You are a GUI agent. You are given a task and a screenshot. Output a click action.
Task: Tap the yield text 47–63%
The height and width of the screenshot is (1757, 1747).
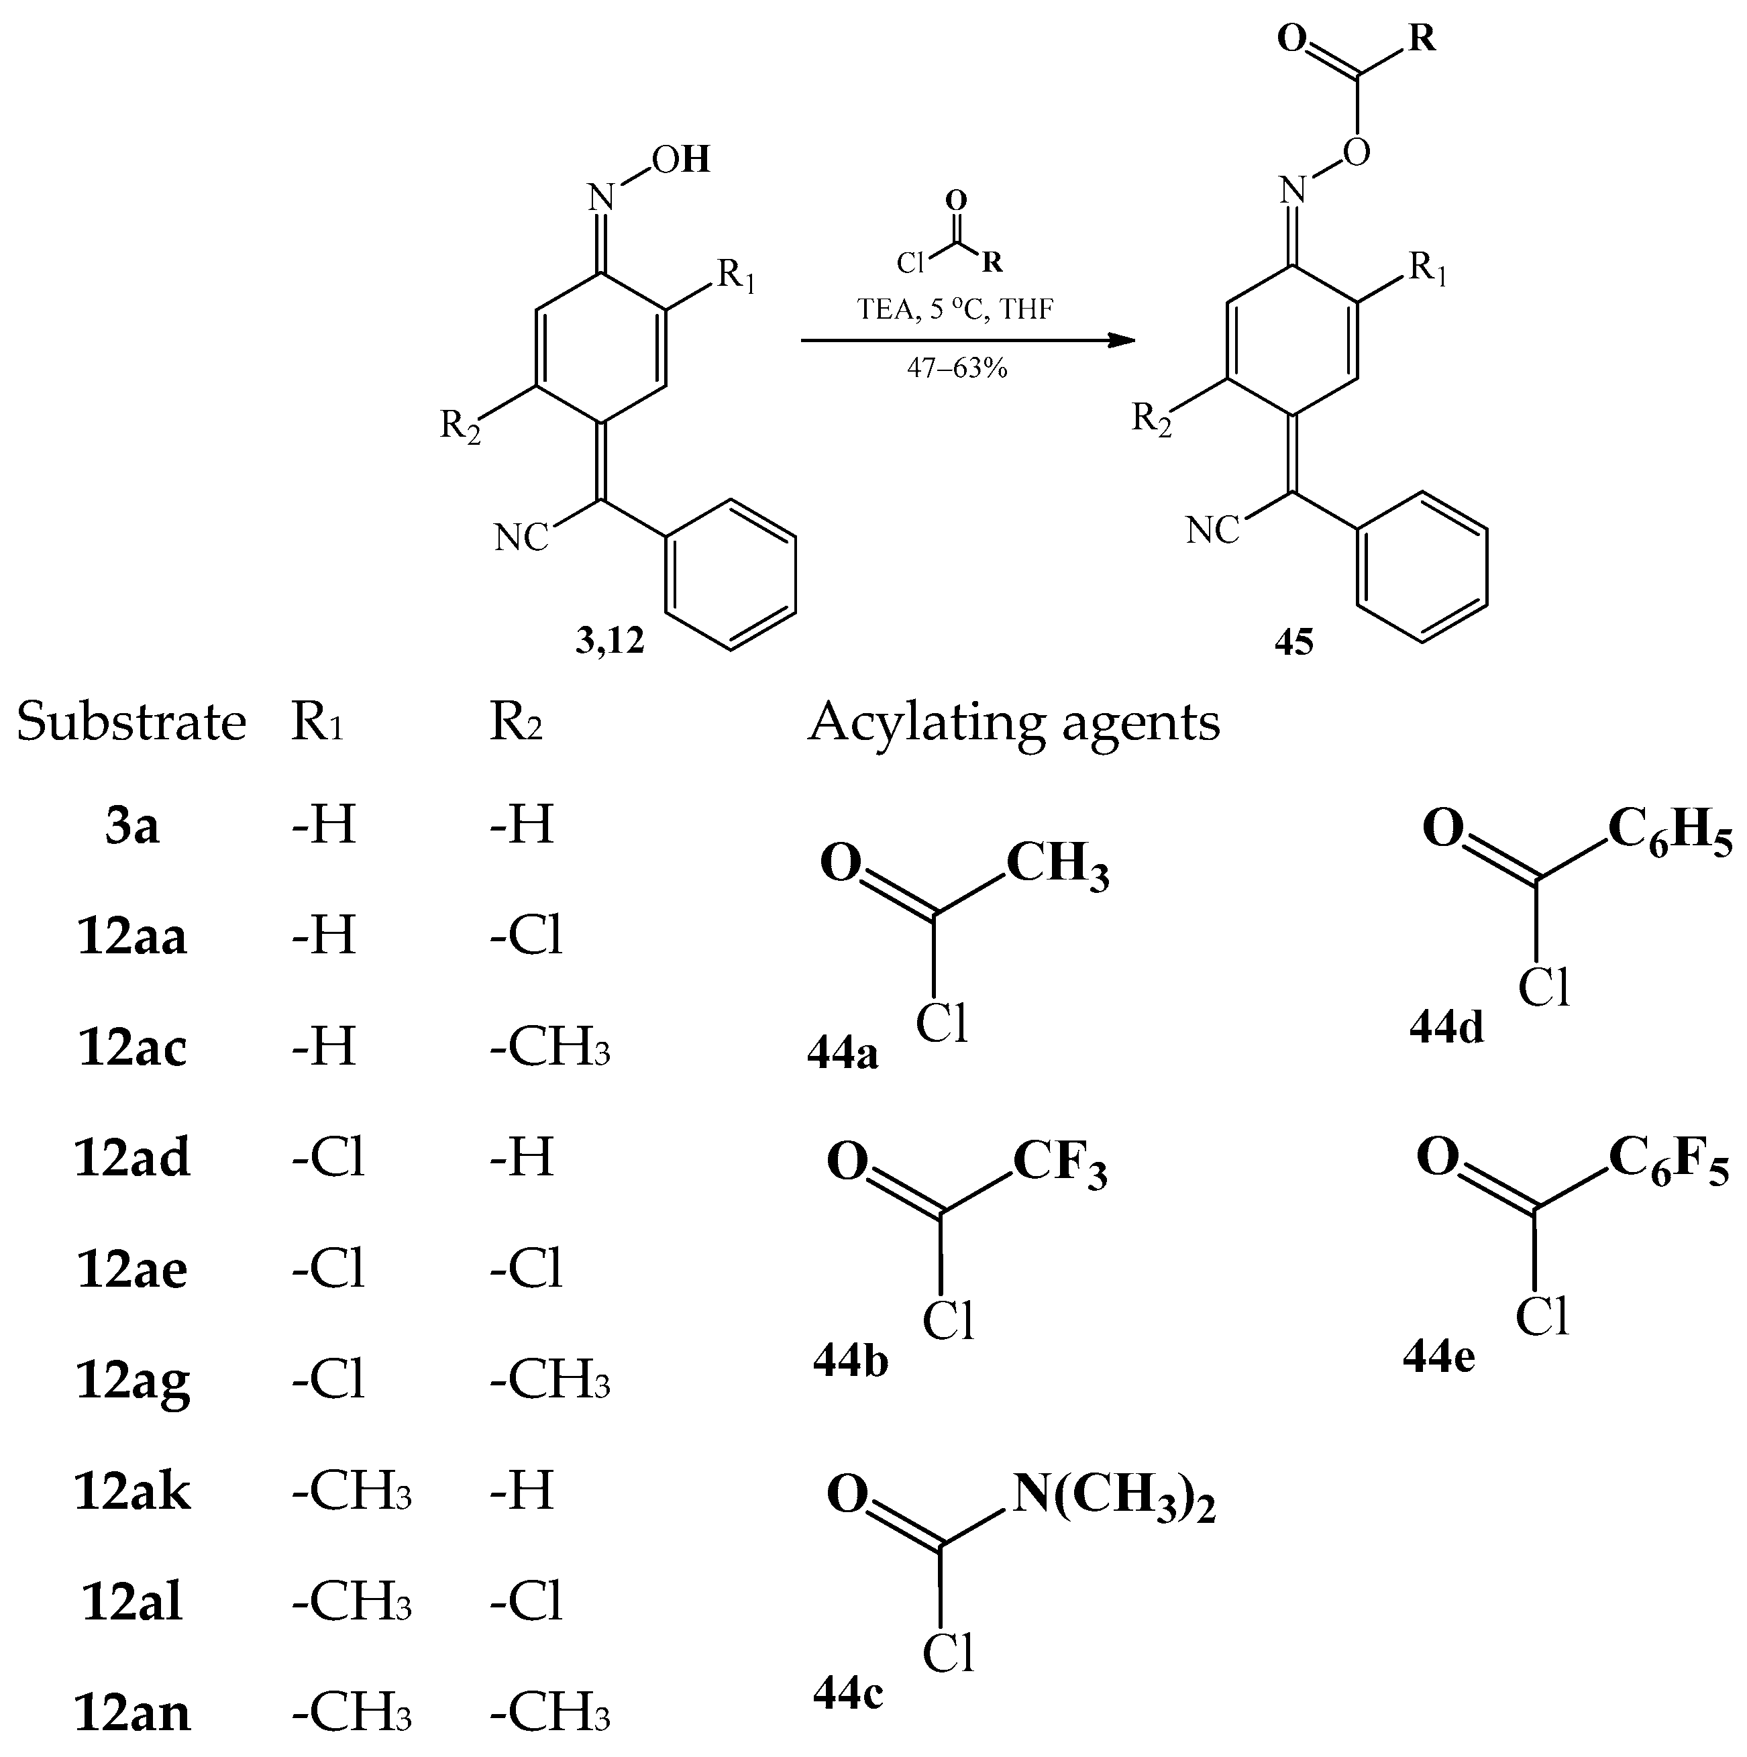[957, 368]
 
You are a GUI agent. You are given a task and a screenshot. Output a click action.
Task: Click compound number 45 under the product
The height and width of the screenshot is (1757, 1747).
[1293, 642]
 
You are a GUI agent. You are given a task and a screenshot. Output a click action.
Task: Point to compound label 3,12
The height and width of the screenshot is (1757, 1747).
[609, 641]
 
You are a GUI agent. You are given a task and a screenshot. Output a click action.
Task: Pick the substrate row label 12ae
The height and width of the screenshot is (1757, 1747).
[133, 1269]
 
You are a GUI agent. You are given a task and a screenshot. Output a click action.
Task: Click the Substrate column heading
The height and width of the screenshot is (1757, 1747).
[132, 723]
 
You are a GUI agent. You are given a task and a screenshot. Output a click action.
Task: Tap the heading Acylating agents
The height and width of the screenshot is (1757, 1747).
[1014, 723]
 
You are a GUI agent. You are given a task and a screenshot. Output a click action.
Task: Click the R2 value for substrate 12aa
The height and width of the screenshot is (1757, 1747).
[527, 936]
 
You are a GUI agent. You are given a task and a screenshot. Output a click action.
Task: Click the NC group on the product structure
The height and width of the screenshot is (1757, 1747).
[1212, 530]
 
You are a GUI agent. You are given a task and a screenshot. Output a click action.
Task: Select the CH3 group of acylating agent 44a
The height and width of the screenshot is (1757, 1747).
[1057, 865]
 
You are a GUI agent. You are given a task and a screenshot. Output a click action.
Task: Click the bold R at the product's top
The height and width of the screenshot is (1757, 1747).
[1422, 38]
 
